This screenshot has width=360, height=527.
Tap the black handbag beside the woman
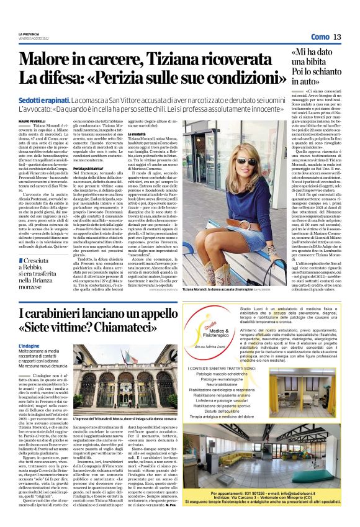tap(267, 236)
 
